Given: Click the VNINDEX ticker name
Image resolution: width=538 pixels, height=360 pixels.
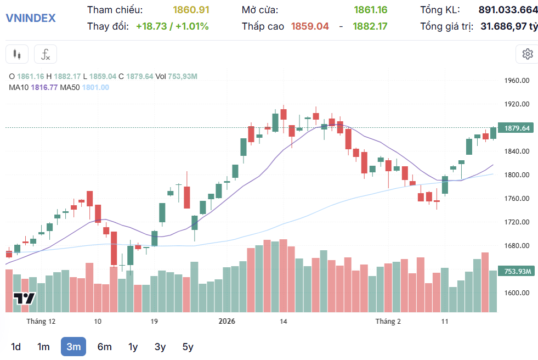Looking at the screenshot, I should [30, 18].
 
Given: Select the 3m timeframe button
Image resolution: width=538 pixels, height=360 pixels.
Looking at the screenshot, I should [73, 346].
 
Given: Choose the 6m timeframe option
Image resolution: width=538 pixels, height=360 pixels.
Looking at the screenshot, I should [104, 346].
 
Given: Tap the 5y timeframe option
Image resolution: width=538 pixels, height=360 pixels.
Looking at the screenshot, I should [188, 346].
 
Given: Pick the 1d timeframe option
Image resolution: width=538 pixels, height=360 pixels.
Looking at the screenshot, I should [16, 346].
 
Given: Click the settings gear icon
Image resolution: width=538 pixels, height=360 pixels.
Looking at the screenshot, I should [528, 54].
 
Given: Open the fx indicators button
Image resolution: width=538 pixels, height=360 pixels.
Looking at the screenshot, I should [46, 54].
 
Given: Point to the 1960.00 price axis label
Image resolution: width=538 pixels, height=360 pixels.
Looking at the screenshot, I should [517, 80].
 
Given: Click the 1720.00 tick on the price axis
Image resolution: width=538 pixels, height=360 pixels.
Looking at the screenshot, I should [517, 222].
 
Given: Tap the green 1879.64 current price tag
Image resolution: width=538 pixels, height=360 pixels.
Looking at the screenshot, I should [517, 128].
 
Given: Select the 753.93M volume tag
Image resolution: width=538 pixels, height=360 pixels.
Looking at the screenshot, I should [517, 272].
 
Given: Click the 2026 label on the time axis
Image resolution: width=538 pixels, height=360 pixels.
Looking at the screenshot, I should [228, 321].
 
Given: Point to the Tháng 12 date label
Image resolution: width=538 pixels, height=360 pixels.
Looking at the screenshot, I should [41, 321].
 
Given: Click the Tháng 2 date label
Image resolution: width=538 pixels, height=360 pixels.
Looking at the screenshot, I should [388, 321].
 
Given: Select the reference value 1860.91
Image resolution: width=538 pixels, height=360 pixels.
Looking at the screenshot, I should [191, 10].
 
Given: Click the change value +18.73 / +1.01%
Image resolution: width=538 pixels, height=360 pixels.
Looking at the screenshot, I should [172, 26].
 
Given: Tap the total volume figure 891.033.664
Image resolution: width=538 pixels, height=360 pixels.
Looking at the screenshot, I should [508, 10].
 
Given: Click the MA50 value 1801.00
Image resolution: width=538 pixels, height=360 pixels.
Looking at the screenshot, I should [95, 87].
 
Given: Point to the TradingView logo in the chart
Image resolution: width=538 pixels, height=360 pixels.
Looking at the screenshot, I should [25, 299].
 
